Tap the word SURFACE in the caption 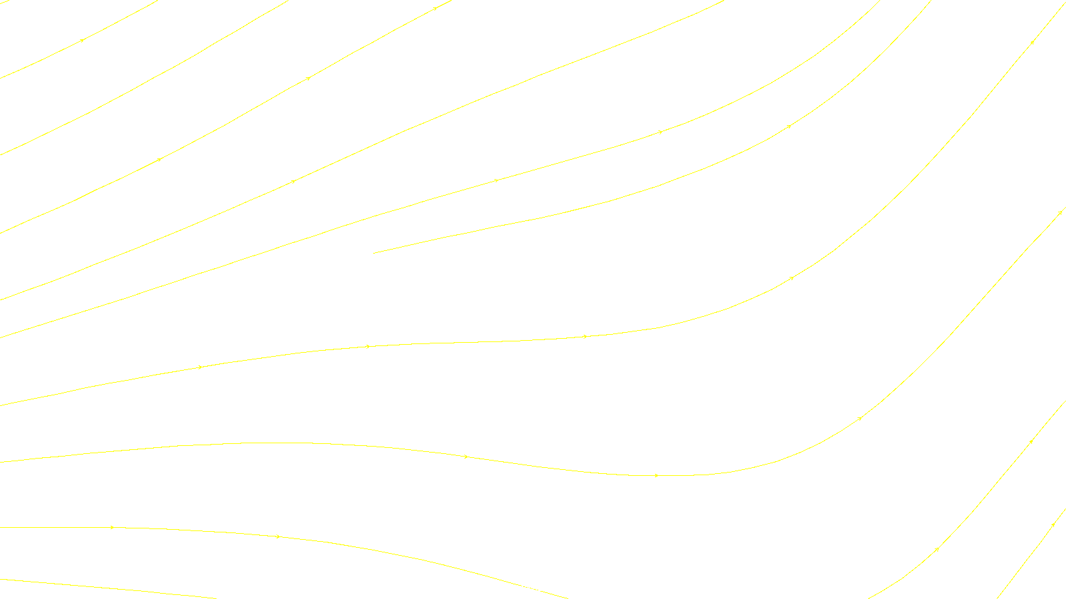(x=533, y=588)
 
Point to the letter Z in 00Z (x=510, y=588)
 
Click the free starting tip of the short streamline (x=374, y=253)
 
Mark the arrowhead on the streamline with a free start (x=790, y=126)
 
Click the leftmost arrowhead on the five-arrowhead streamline (x=200, y=367)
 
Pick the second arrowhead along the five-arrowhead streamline (x=368, y=346)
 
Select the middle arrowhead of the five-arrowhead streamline (x=585, y=337)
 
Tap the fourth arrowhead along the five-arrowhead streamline (x=792, y=278)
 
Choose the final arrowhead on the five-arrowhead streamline (x=1033, y=41)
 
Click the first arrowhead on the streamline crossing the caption (x=112, y=527)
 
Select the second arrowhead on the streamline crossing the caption (x=278, y=536)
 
